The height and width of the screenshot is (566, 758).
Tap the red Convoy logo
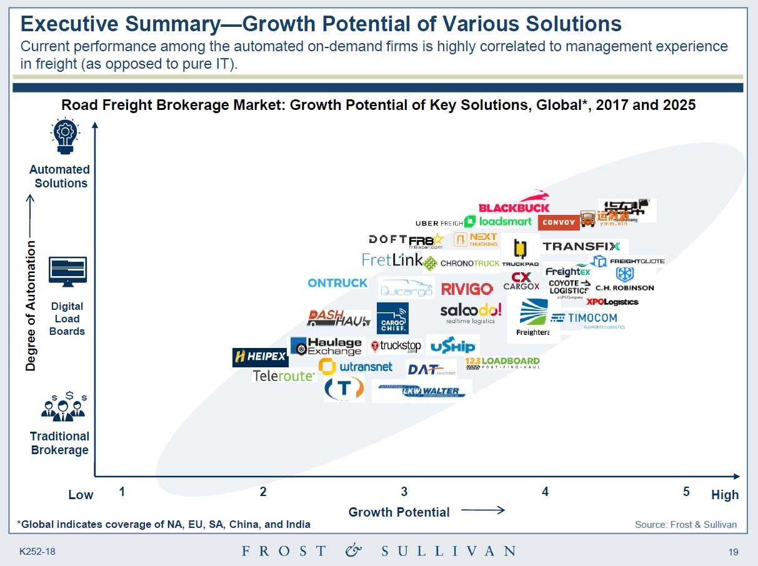559,222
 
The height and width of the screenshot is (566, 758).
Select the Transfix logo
582,246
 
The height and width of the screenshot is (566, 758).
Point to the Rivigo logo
467,289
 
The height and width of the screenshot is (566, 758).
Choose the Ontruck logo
337,283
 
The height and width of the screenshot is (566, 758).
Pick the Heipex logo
260,357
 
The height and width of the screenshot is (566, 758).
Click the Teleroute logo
284,375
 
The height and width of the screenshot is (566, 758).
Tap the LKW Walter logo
422,391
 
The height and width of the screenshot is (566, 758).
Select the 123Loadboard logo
502,362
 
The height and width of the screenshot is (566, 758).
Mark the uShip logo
453,345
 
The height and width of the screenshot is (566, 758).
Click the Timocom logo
588,319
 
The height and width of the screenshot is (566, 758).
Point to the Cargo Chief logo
392,318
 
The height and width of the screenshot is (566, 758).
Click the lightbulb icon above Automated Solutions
66,137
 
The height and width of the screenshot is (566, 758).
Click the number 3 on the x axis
404,492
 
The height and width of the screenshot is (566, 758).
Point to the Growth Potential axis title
399,512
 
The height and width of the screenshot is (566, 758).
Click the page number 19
734,552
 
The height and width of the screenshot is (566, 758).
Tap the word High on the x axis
724,495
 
